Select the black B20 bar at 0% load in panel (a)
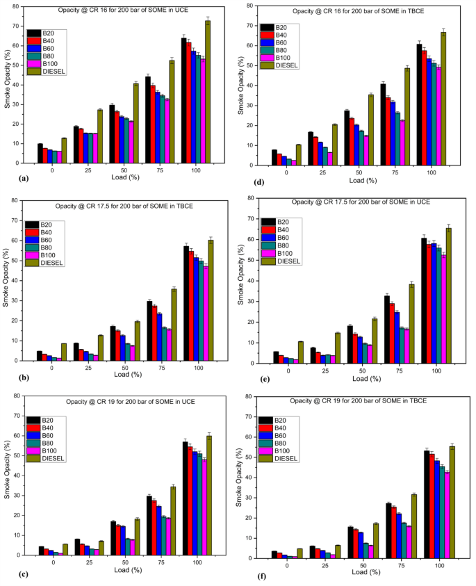(x=40, y=153)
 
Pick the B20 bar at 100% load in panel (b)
(x=186, y=303)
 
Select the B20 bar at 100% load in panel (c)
(x=186, y=498)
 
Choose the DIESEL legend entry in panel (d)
(x=287, y=65)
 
